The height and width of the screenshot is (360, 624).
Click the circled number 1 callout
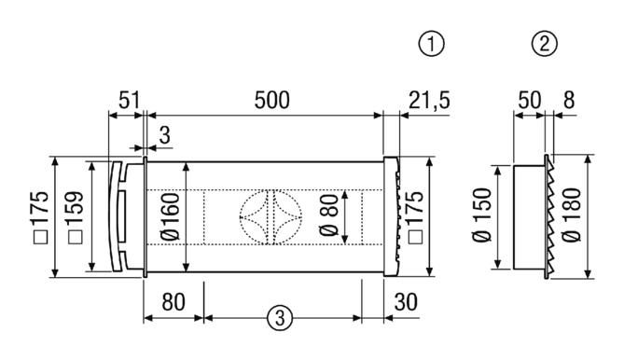[x=431, y=44]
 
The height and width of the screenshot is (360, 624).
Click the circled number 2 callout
[x=545, y=44]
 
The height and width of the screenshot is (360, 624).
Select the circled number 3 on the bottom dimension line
[x=280, y=318]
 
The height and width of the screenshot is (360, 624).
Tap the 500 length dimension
[x=272, y=100]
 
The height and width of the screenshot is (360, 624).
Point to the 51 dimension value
[x=130, y=100]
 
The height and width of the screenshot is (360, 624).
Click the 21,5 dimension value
[x=429, y=101]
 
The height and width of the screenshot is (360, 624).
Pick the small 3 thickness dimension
[x=164, y=135]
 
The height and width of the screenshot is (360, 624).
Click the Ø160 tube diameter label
[x=171, y=217]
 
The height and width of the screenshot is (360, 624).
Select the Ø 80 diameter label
[x=329, y=216]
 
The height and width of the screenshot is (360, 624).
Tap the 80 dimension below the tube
[x=173, y=302]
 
